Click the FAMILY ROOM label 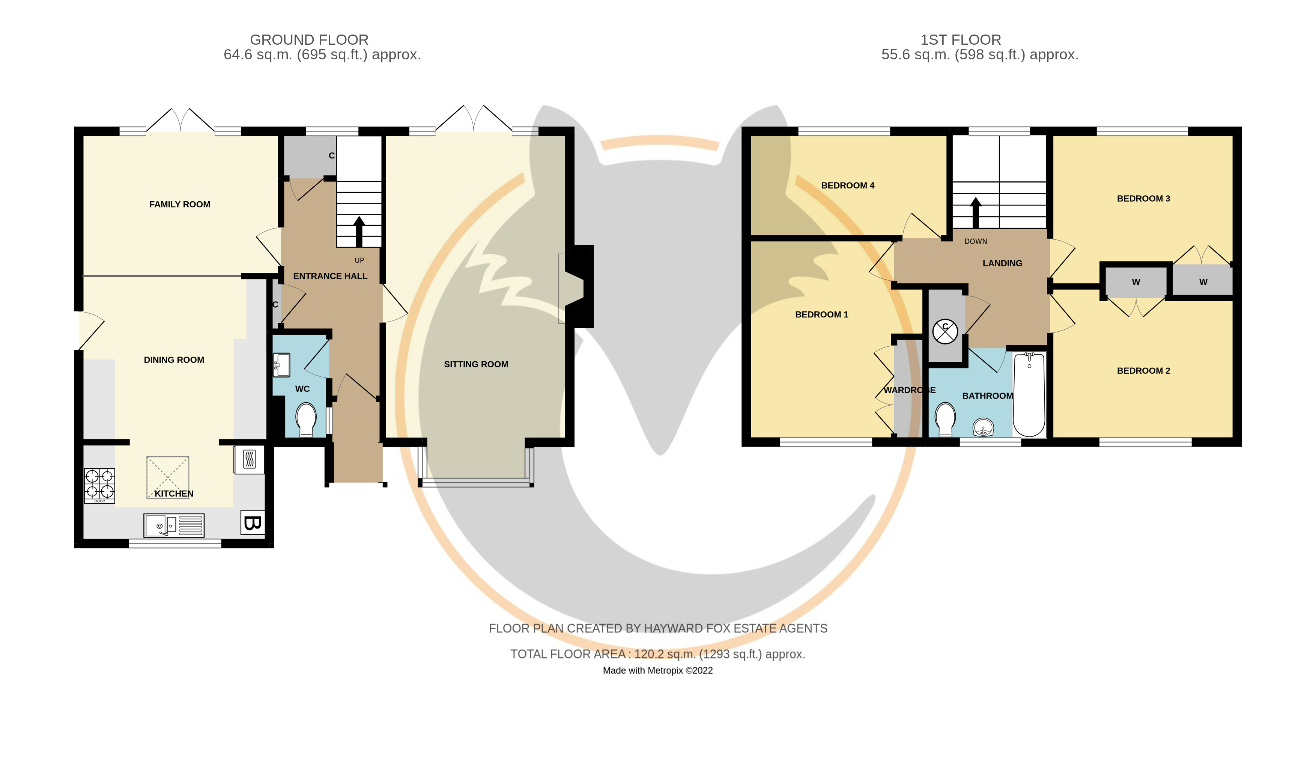[x=180, y=204]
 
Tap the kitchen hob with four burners [x=99, y=485]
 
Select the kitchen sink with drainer [x=174, y=525]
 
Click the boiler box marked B [x=252, y=522]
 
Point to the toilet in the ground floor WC [x=305, y=418]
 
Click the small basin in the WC [x=281, y=365]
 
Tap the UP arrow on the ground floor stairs [x=359, y=231]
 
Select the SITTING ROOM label [x=476, y=364]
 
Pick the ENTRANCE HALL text [x=330, y=276]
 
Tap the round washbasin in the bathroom [x=984, y=427]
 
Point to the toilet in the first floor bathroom [x=946, y=418]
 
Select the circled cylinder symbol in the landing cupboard [x=945, y=331]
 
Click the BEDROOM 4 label [x=848, y=186]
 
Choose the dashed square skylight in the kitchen [x=168, y=477]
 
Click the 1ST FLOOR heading [x=960, y=40]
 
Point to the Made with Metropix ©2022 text [x=657, y=670]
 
